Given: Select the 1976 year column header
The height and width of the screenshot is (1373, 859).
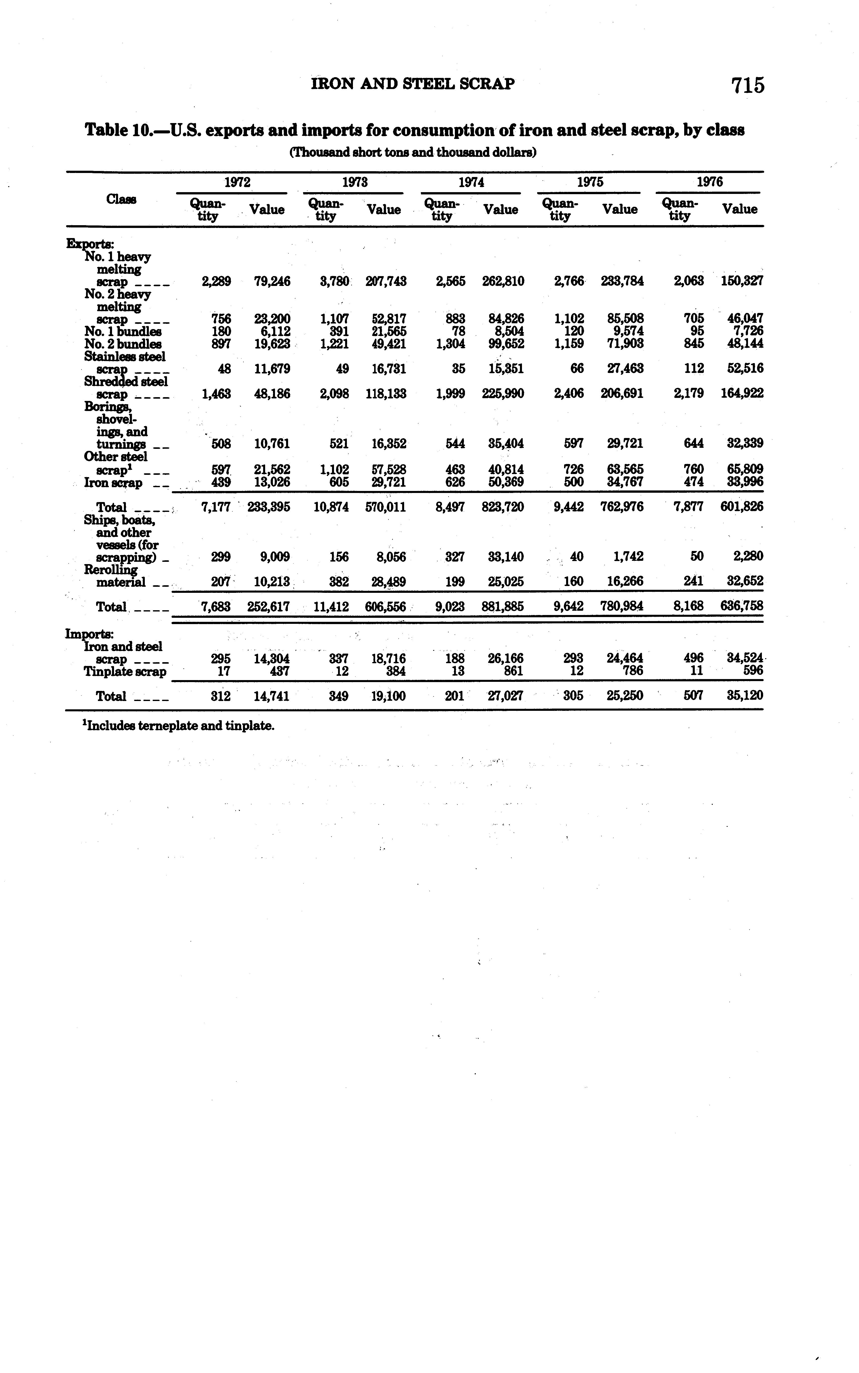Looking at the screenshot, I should pos(710,182).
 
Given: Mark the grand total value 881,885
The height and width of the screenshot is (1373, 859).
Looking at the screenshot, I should pos(503,606).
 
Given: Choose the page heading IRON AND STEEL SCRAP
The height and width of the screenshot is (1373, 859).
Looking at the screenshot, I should pos(413,84).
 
